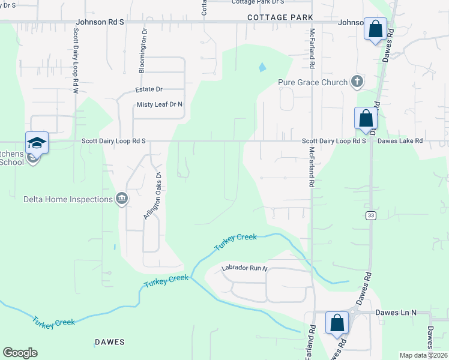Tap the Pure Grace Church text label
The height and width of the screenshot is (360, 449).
point(313,82)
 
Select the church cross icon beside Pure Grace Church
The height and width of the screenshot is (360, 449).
point(357,82)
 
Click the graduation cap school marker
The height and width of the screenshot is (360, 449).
point(37,143)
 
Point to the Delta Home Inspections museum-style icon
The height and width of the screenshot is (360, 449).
point(122,199)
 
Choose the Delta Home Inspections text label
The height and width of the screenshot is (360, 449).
point(68,199)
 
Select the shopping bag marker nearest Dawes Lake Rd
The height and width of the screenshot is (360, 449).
point(366,118)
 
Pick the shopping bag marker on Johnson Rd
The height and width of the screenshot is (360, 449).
point(375,29)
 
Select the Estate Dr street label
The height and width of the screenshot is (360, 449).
point(149,89)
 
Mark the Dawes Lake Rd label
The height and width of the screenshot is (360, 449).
point(400,141)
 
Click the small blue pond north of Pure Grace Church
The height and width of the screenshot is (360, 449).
point(262,67)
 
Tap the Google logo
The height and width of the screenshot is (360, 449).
point(20,353)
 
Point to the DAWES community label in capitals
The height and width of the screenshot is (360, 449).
point(109,342)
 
